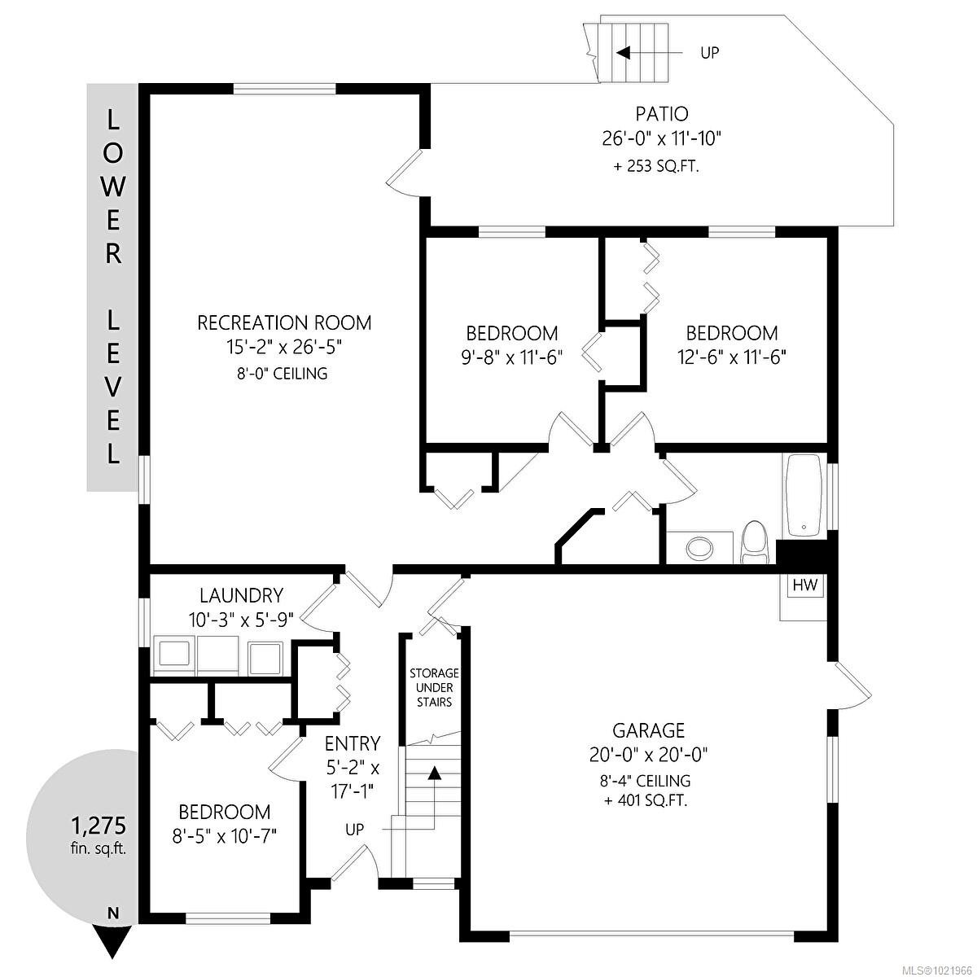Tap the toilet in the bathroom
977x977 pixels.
756,542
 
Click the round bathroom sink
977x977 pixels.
698,547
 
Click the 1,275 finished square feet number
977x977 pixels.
97,826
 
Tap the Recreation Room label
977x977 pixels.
284,322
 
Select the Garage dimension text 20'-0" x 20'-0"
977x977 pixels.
648,755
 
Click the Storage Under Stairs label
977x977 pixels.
434,687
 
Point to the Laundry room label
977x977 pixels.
242,595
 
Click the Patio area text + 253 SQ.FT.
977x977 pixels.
656,167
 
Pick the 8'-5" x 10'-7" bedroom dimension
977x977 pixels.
224,836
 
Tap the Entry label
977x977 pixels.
352,743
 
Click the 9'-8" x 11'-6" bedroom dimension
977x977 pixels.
511,357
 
